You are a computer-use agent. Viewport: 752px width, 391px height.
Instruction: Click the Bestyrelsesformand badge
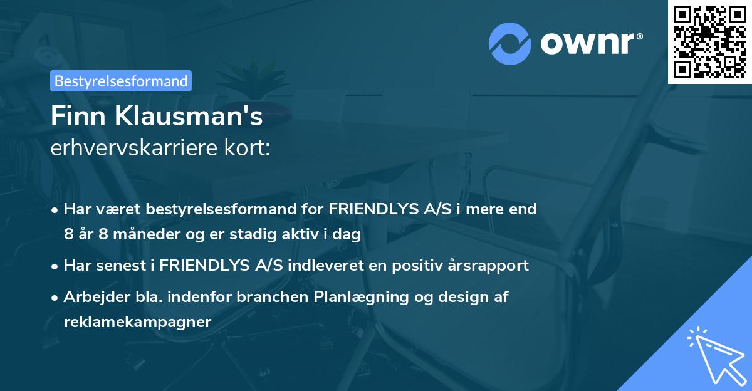(121, 81)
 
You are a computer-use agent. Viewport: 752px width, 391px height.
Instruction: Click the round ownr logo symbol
(511, 44)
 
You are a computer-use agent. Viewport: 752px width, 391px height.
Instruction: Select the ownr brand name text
(588, 43)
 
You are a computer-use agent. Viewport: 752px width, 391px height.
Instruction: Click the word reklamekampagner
(138, 321)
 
